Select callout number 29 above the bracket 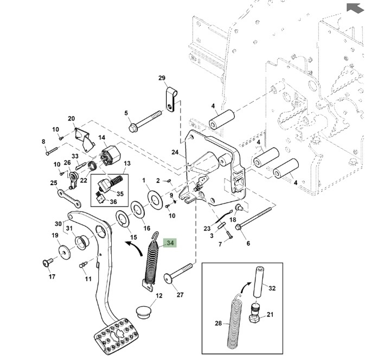pos(161,79)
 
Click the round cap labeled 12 pos(143,313)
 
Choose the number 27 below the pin pos(180,295)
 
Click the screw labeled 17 pos(47,263)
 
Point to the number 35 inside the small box pos(120,193)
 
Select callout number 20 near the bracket pos(71,118)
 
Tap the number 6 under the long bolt pos(248,243)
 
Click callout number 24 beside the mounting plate pos(175,152)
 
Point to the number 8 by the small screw pos(43,142)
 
